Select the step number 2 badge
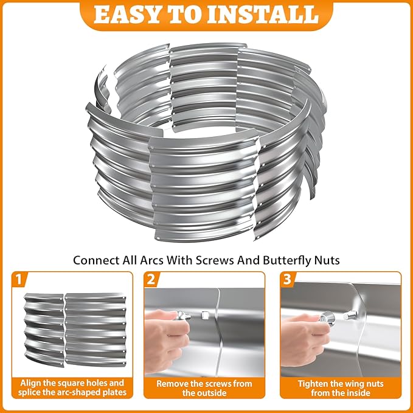151,279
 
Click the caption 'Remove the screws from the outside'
204,389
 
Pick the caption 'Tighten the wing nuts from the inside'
340,389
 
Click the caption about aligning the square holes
72,389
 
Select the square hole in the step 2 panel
206,316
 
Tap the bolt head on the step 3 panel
351,315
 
